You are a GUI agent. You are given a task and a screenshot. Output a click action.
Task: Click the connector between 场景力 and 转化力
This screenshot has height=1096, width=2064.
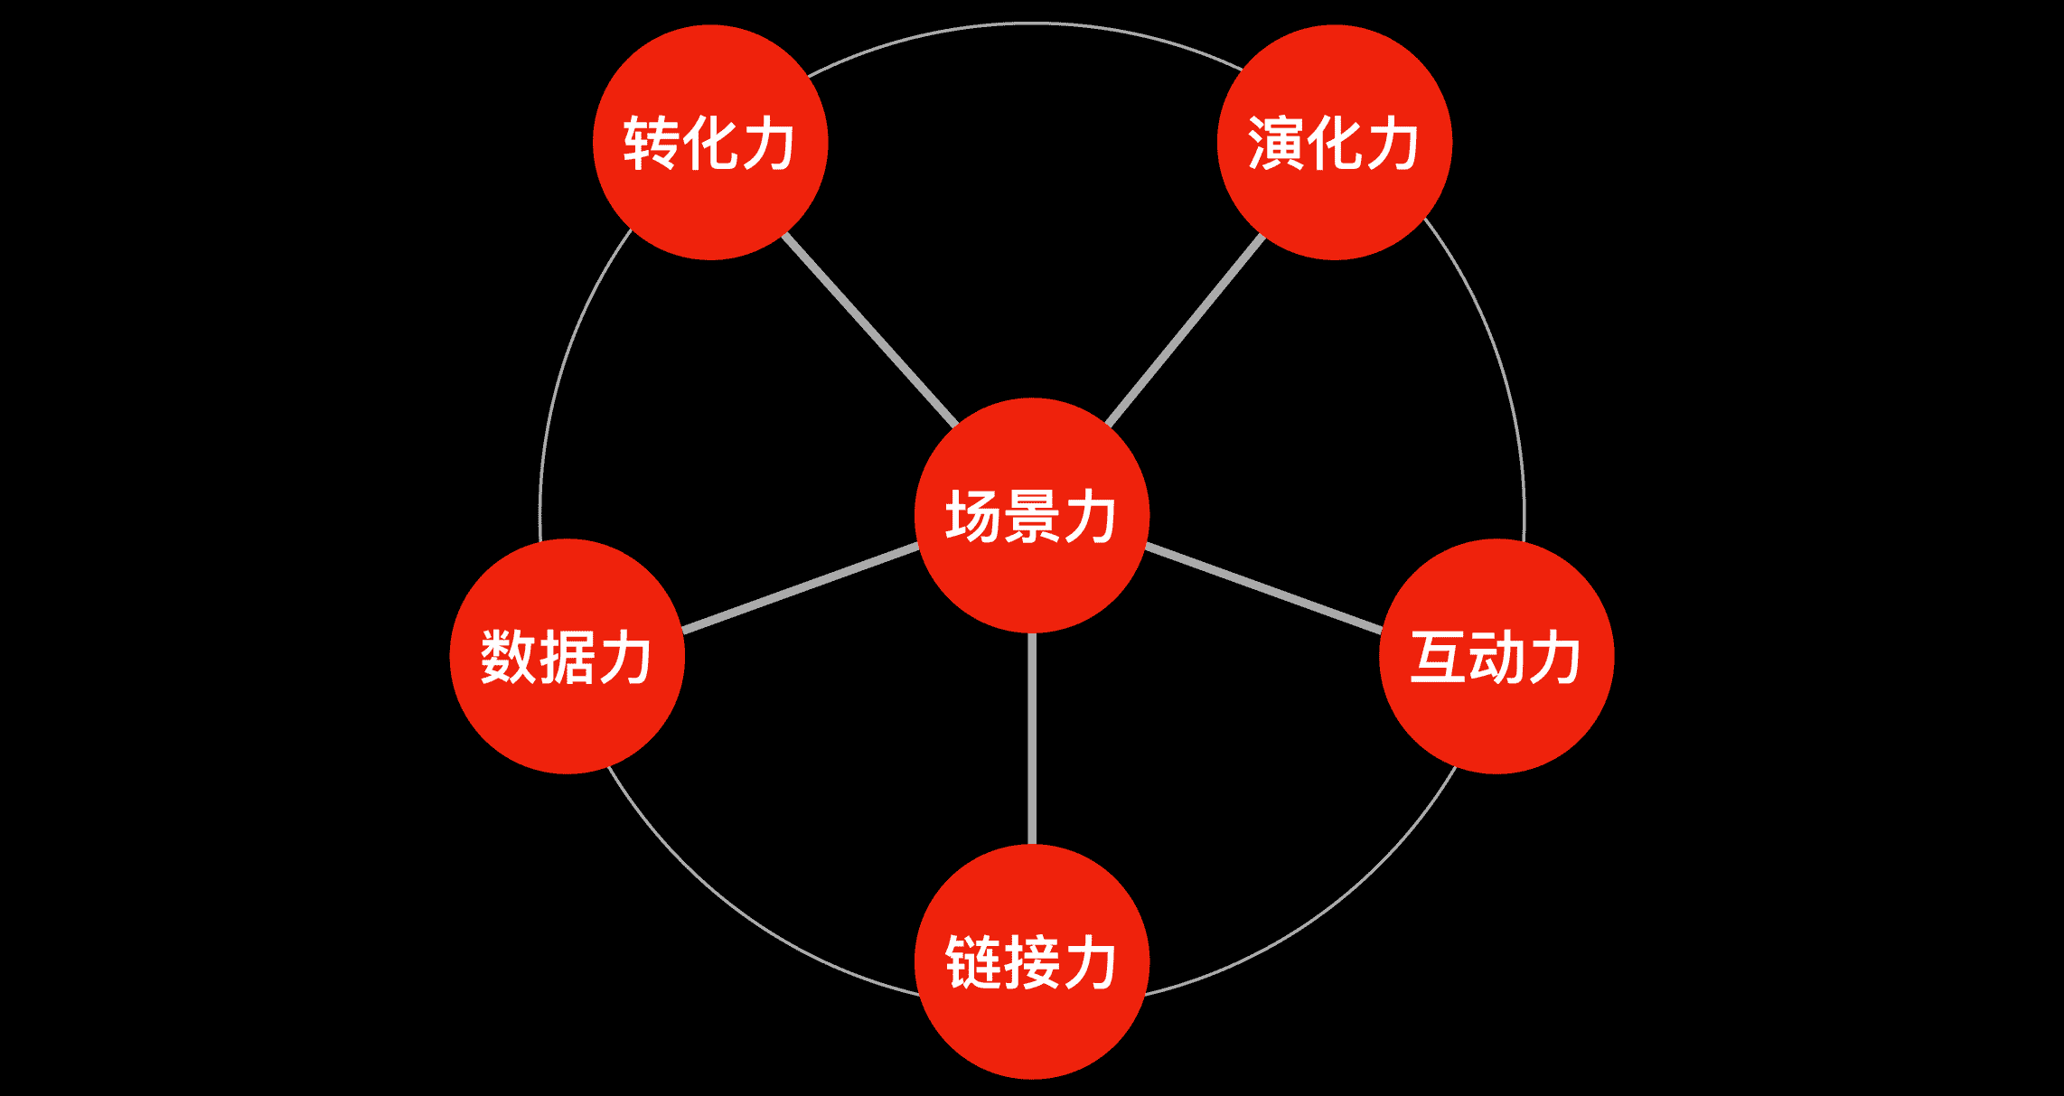869,330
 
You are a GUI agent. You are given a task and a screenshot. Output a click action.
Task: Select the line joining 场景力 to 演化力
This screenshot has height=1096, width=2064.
1185,331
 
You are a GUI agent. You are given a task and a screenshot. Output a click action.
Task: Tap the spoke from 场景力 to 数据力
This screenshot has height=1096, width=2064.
801,588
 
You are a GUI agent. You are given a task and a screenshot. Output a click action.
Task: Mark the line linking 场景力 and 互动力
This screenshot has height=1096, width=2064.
1263,587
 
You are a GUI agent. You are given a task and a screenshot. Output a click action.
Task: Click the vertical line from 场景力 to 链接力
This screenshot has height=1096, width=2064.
1032,738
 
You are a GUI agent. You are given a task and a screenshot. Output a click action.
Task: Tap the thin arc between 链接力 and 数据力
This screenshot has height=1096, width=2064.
741,913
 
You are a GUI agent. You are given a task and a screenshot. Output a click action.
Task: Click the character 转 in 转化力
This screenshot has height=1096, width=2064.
651,143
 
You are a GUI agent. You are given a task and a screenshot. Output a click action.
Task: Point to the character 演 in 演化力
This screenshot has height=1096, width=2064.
1276,143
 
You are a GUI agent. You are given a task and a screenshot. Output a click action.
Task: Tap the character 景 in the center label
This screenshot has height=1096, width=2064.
1031,516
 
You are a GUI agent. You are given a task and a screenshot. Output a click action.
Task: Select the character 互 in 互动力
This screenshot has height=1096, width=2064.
1438,657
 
